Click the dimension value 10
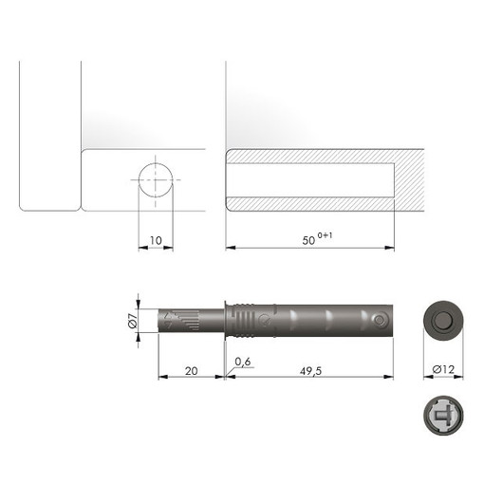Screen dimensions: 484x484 [x=156, y=240]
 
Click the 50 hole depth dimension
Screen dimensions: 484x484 [x=308, y=240]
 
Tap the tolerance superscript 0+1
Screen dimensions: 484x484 [x=325, y=235]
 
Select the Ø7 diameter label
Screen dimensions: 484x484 [x=133, y=320]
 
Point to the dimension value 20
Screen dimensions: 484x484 [x=192, y=371]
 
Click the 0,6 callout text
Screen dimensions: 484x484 [x=243, y=362]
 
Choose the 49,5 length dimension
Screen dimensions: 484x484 [x=310, y=371]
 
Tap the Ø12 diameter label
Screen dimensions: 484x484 [x=443, y=369]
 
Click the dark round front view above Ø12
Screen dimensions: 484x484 [x=443, y=321]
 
